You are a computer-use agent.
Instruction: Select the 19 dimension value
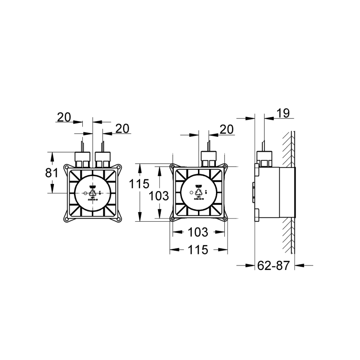(x=283, y=113)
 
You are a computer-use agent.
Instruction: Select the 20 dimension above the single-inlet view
(x=226, y=129)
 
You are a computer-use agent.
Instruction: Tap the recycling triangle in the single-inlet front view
(x=199, y=192)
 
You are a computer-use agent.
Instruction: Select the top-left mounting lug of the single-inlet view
(x=172, y=166)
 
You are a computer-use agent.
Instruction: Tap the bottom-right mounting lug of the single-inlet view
(x=225, y=218)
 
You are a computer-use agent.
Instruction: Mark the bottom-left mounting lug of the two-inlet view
(x=66, y=219)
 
